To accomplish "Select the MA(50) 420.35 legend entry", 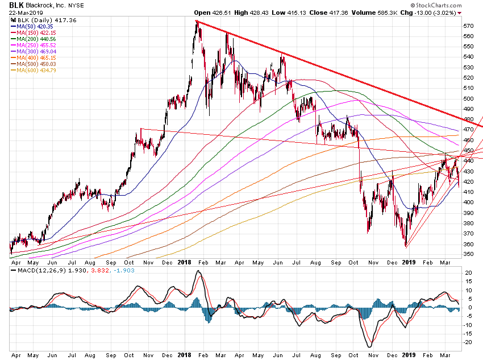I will (x=35, y=26).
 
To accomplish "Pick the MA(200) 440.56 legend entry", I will (x=36, y=38).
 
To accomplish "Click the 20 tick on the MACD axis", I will (x=468, y=273).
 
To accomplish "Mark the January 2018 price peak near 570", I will (x=197, y=22).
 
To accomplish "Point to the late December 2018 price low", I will (x=406, y=246).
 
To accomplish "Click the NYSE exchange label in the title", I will (x=77, y=5).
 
